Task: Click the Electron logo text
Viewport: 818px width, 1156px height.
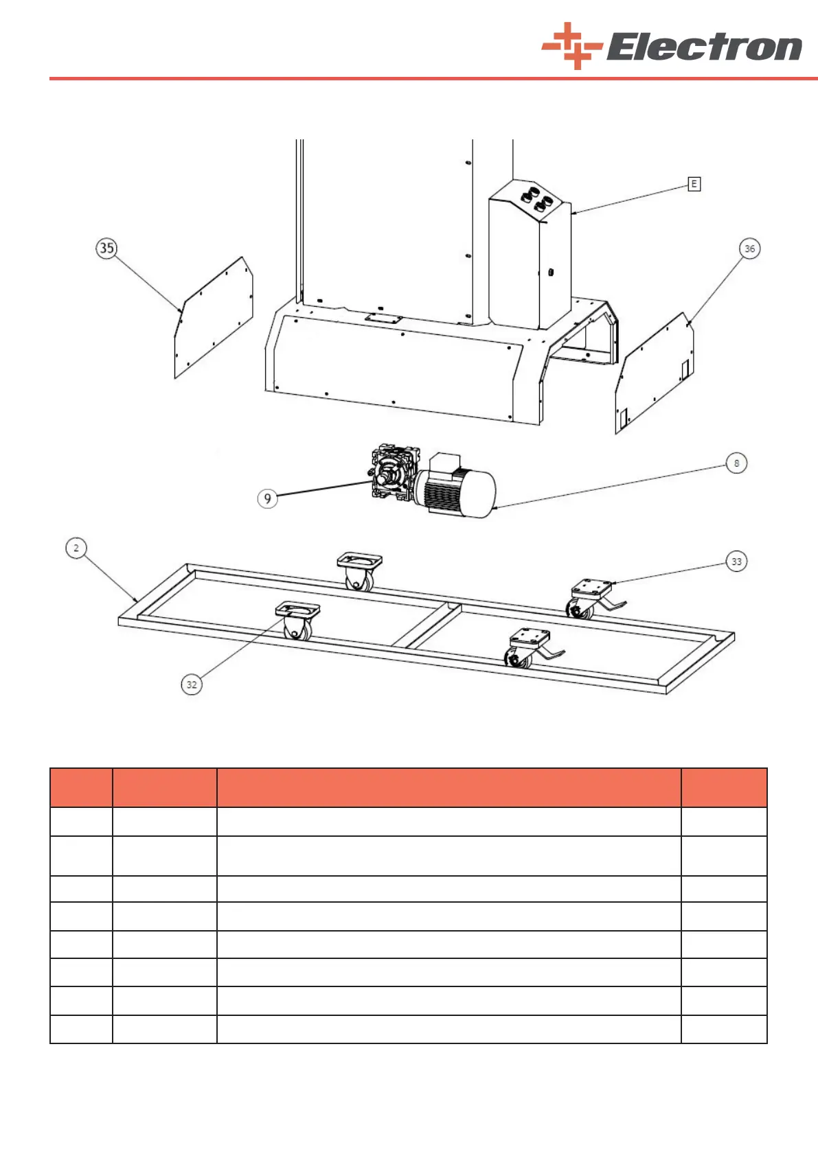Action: click(x=703, y=48)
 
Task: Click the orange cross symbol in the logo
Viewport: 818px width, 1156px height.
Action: click(x=571, y=47)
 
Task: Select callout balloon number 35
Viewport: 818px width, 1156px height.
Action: click(x=106, y=248)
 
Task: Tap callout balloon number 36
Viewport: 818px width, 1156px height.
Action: click(x=749, y=248)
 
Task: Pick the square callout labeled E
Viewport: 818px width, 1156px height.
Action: click(x=694, y=184)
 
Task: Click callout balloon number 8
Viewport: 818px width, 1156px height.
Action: click(x=736, y=463)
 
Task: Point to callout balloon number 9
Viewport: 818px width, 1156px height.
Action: click(x=267, y=498)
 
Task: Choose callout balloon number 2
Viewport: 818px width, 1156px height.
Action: click(x=76, y=548)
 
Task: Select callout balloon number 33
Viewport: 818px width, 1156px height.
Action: click(x=736, y=562)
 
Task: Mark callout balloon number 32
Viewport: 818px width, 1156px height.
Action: click(x=192, y=684)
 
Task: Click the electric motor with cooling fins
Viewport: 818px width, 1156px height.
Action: click(x=457, y=489)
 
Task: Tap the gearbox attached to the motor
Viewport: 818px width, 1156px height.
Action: click(x=394, y=474)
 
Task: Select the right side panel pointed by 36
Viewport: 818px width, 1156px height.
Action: click(x=655, y=374)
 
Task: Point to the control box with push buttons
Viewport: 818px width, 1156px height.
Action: click(x=530, y=261)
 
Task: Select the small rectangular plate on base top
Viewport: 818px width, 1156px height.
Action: click(x=384, y=319)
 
